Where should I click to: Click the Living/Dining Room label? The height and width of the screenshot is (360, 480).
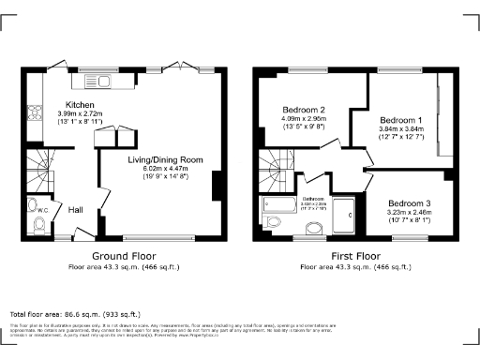(x=166, y=160)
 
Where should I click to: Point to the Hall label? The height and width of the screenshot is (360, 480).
(x=78, y=210)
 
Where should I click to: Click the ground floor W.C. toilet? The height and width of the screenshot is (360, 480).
(x=35, y=207)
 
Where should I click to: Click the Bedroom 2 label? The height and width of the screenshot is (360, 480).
(x=303, y=110)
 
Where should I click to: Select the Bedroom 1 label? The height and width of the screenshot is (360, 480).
(x=400, y=121)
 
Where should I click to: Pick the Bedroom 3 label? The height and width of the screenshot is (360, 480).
(x=410, y=203)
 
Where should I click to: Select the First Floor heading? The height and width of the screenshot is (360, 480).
(x=354, y=256)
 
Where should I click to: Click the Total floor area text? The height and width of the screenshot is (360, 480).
(x=74, y=313)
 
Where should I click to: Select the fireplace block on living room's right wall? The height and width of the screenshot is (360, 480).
(x=218, y=186)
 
